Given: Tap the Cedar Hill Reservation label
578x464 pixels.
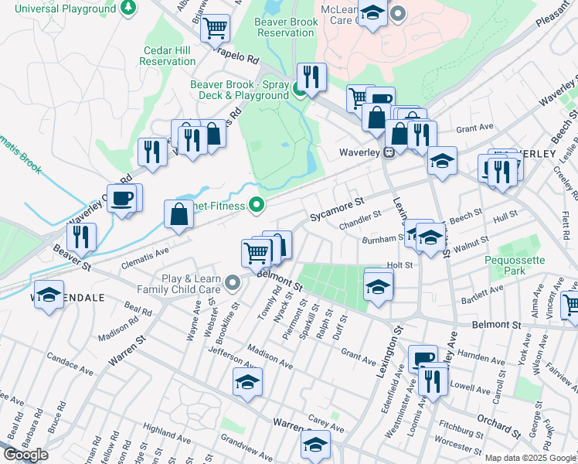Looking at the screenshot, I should click(168, 56).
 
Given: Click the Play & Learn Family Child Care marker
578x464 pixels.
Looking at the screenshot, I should click(233, 283).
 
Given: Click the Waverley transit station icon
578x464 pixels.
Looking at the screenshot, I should click(390, 152).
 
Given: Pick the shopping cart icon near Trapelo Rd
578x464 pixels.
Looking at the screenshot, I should click(216, 29).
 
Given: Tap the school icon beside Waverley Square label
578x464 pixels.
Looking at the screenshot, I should click(442, 161).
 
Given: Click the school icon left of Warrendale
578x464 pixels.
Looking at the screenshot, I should click(49, 295).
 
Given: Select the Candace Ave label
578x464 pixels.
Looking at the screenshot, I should click(70, 365).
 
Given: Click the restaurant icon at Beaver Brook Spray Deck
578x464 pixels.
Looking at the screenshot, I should click(311, 77).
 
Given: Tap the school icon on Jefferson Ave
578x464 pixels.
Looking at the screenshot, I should click(247, 381).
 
